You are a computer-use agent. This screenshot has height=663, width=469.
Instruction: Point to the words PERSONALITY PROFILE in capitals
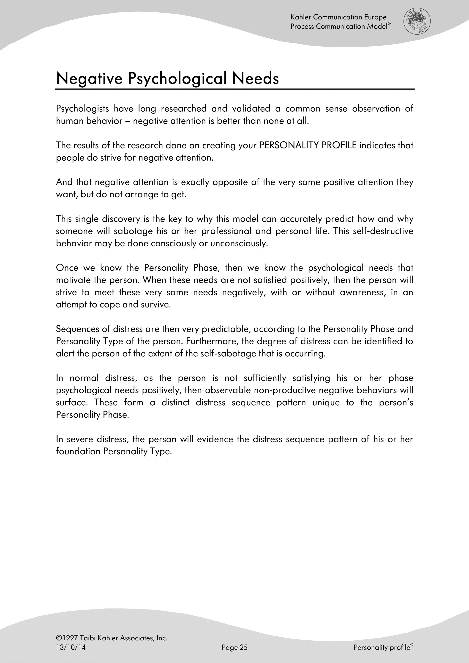308,145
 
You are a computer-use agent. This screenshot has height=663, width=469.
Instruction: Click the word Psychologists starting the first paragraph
82,109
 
